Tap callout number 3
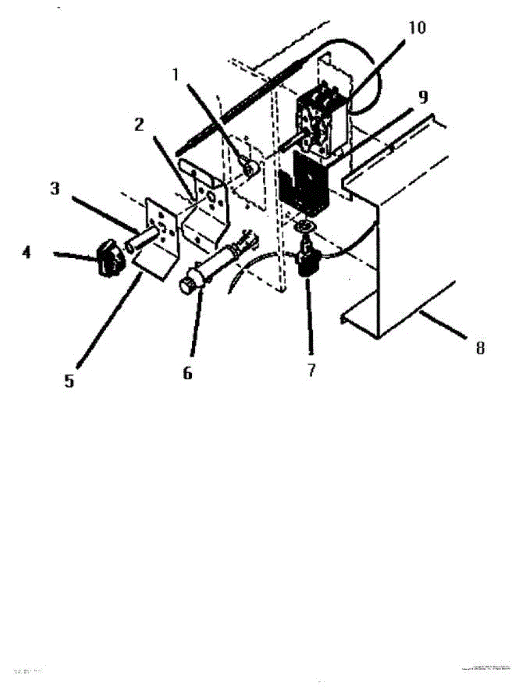click(x=54, y=189)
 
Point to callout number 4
click(x=27, y=252)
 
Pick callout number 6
click(x=187, y=373)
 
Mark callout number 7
click(x=311, y=370)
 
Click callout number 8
click(x=480, y=348)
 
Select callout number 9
click(x=422, y=97)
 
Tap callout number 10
click(x=417, y=27)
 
